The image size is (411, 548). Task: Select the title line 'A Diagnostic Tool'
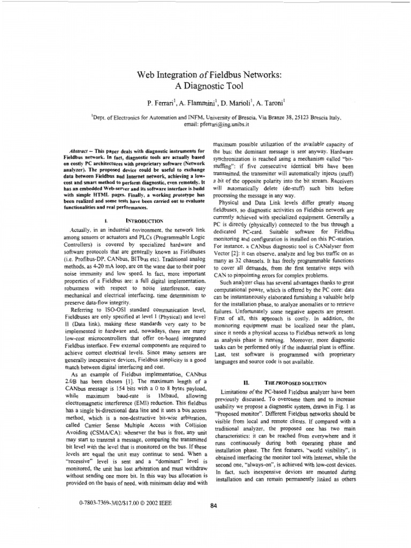tap(206, 87)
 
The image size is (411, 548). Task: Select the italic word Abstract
tap(81, 146)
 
